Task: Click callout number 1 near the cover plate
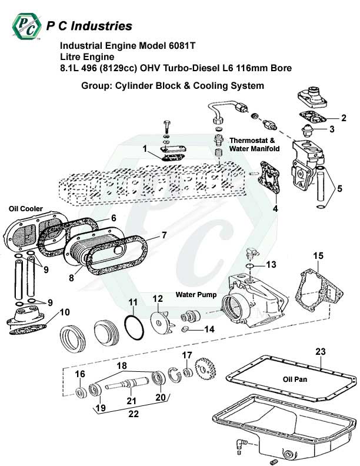point(144,149)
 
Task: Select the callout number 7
point(164,235)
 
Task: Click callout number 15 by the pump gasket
point(318,256)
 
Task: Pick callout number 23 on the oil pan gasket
point(320,352)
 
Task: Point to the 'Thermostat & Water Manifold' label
point(253,145)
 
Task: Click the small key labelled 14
point(184,329)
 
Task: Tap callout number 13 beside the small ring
point(271,265)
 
